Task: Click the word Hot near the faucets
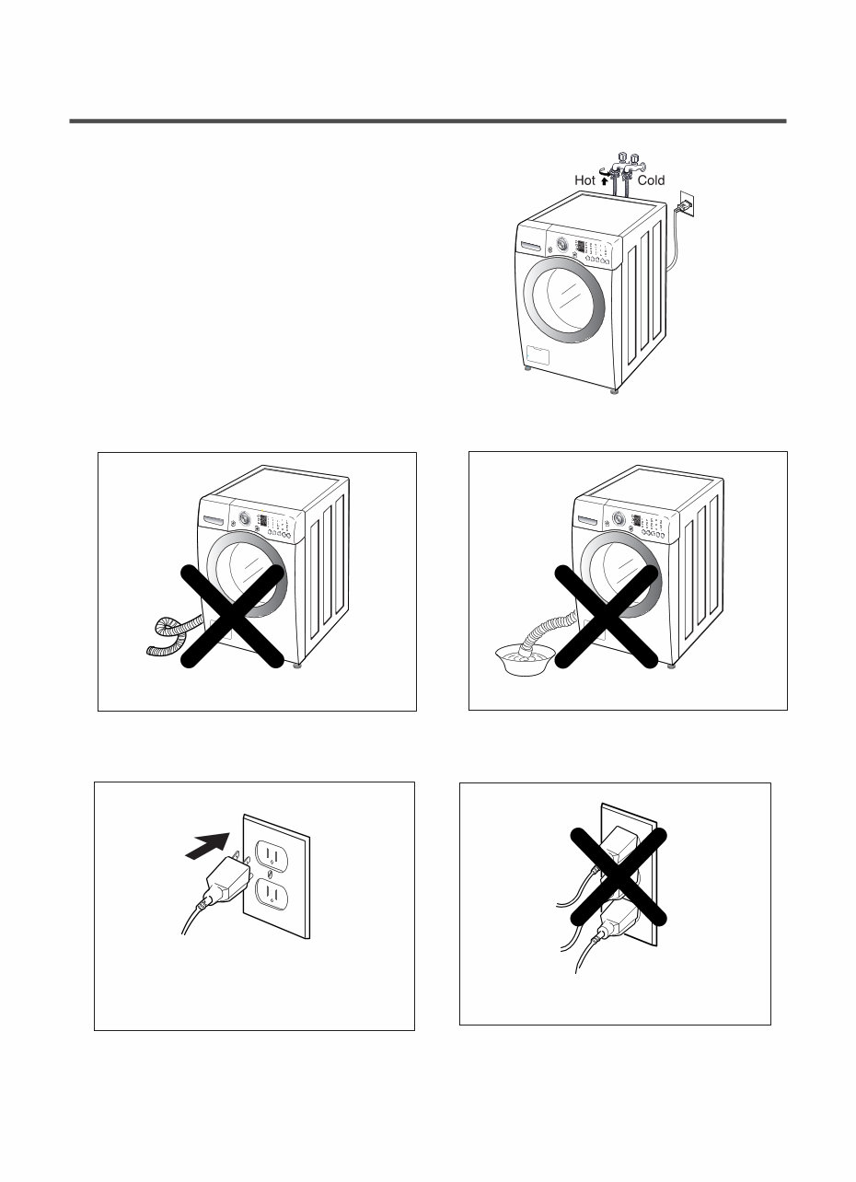(x=584, y=181)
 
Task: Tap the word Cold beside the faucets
(x=650, y=181)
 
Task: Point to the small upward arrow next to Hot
(x=605, y=181)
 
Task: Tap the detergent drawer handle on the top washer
(x=532, y=246)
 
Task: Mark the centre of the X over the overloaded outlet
(x=614, y=876)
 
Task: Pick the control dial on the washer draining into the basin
(x=618, y=518)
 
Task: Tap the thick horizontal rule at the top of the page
(x=428, y=121)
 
